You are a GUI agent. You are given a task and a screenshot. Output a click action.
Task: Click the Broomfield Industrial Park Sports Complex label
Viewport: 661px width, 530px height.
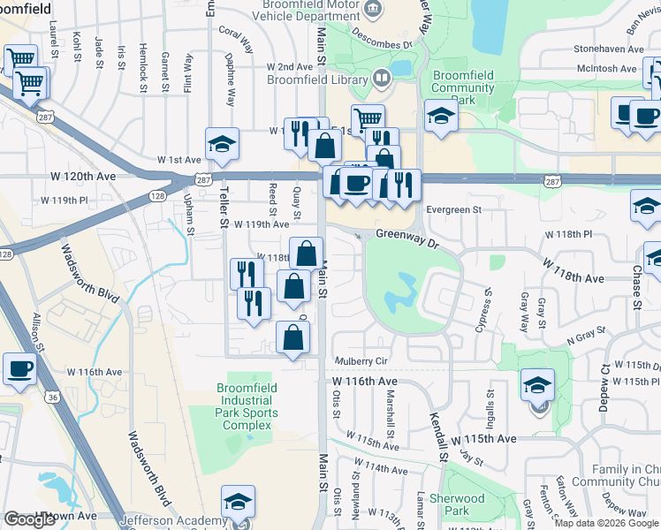[247, 406]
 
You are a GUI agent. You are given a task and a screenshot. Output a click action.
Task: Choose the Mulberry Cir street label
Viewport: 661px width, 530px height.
[361, 361]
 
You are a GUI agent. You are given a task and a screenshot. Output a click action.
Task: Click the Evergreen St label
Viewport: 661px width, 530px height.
[452, 209]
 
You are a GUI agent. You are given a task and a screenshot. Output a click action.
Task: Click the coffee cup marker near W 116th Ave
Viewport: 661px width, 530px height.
[19, 368]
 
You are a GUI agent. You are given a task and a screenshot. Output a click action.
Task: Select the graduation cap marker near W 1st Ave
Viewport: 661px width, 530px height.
[222, 143]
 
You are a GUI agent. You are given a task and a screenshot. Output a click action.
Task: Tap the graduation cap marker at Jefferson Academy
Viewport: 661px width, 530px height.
[238, 501]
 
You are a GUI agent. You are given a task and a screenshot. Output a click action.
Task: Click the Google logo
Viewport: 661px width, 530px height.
[29, 519]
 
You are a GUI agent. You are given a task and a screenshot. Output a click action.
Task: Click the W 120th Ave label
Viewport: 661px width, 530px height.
[93, 176]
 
